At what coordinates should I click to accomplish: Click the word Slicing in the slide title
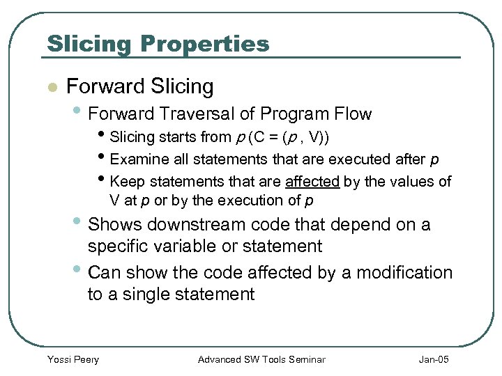click(89, 44)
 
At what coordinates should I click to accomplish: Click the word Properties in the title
click(204, 44)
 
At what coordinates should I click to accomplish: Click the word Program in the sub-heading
click(292, 113)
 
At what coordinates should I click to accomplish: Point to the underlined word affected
click(312, 182)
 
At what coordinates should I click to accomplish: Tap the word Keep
click(125, 182)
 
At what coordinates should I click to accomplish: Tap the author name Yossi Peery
click(73, 359)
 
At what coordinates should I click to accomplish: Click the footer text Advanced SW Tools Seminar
click(261, 359)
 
